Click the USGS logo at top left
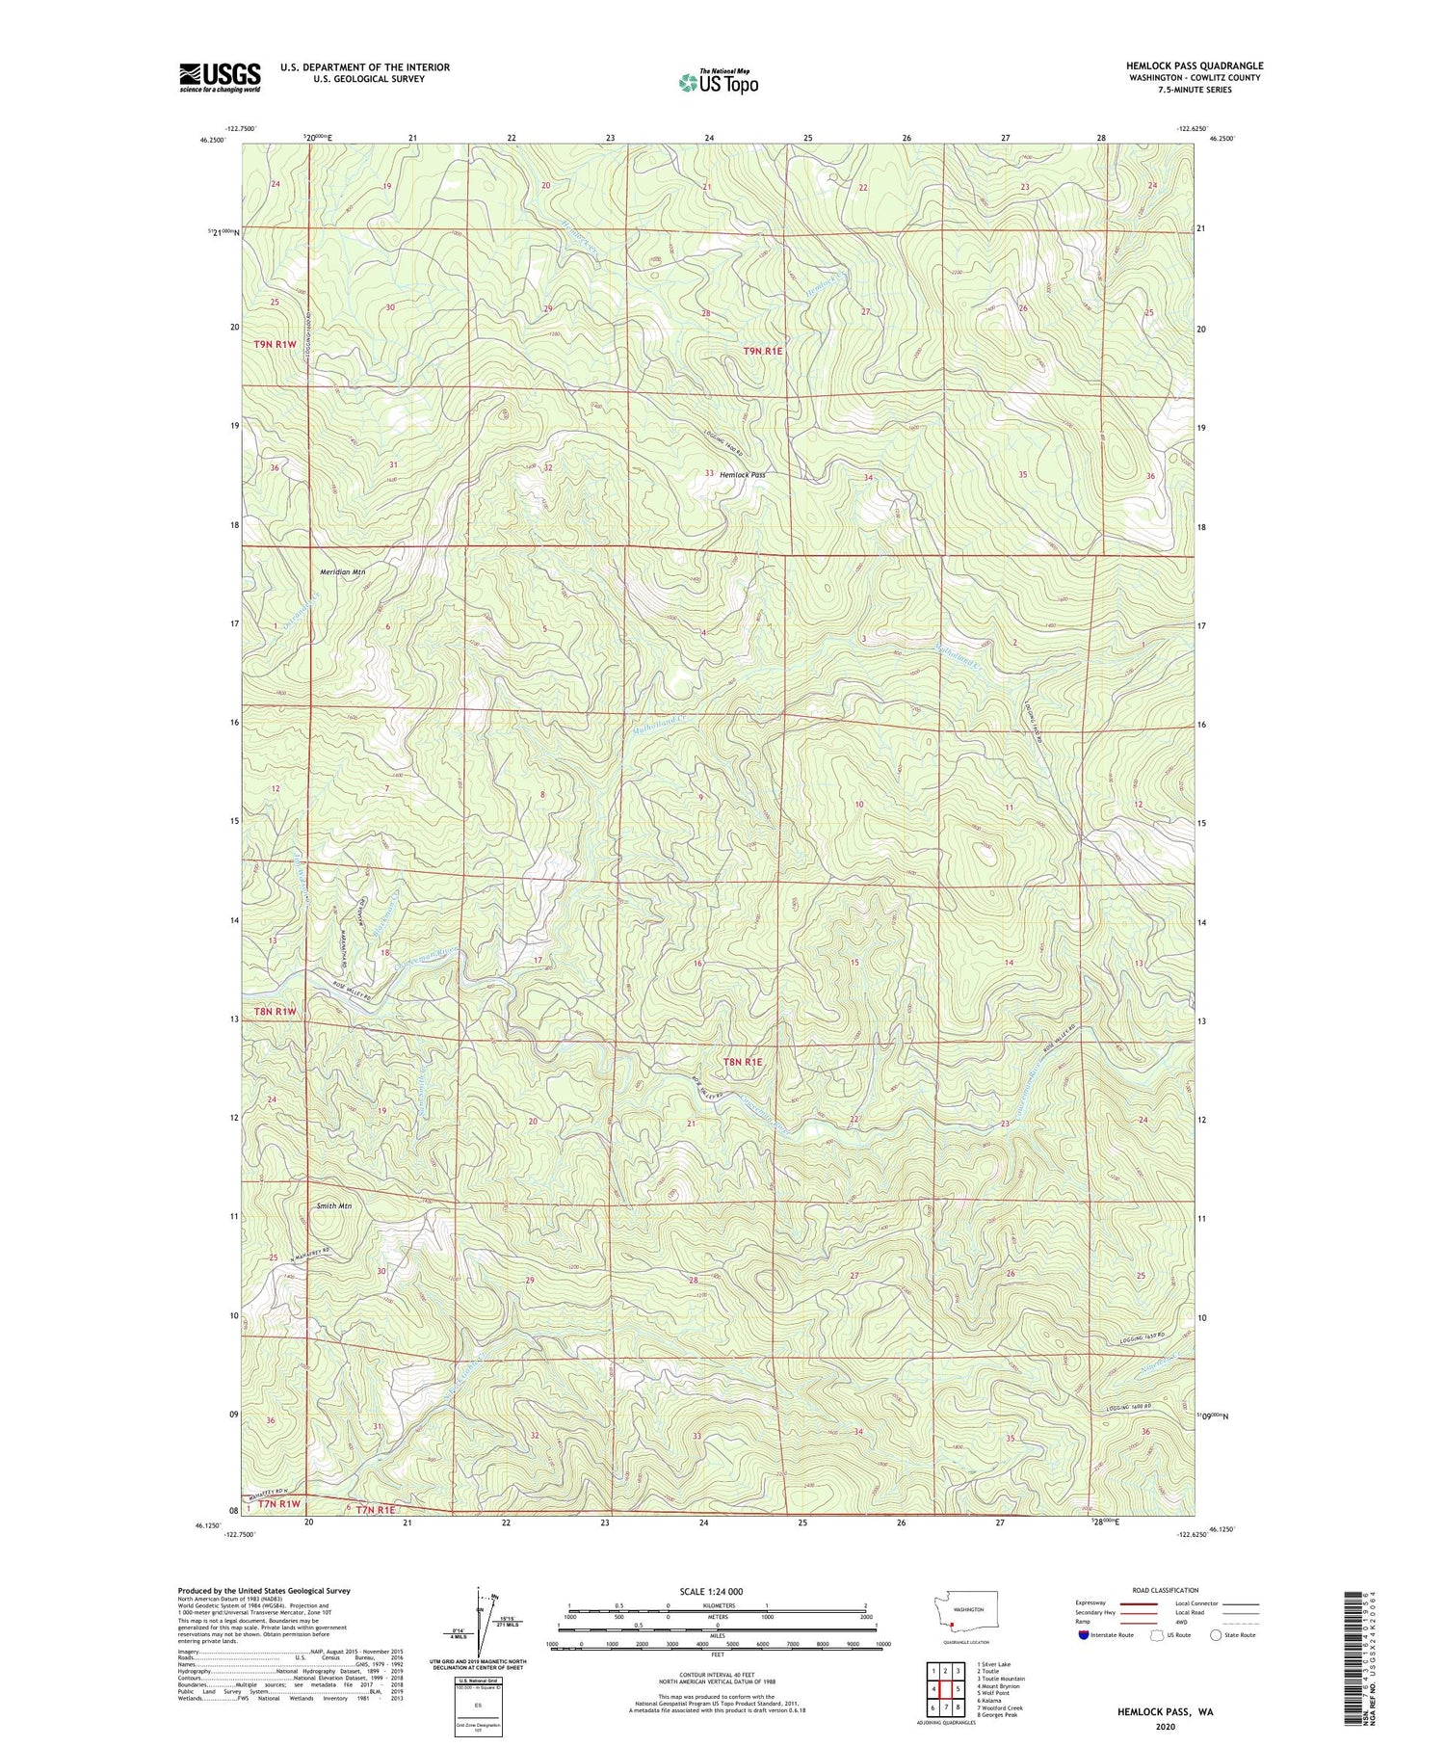[x=220, y=77]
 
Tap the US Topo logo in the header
[x=718, y=83]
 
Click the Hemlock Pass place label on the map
[x=743, y=475]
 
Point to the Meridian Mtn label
[x=342, y=572]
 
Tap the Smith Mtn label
[x=333, y=1206]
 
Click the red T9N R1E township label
[x=763, y=352]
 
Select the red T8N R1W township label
[x=275, y=1012]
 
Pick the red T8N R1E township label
[x=743, y=1062]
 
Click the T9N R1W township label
[x=275, y=344]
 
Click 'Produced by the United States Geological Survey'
[x=263, y=1591]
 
